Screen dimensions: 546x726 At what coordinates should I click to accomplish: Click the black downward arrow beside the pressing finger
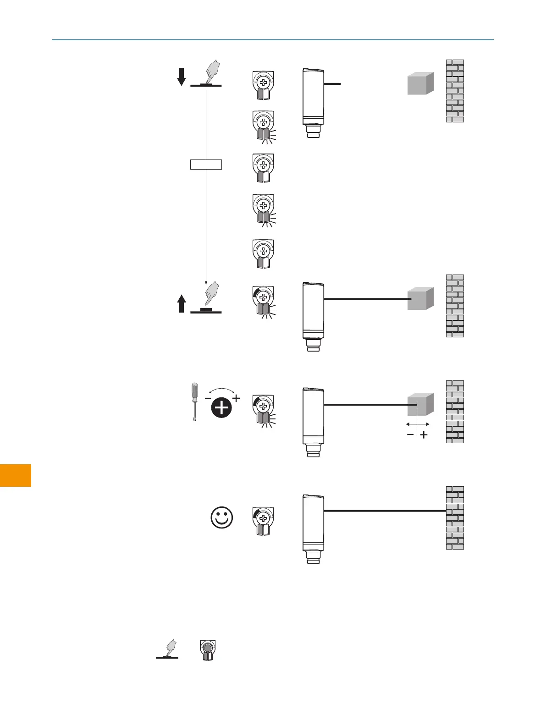[x=182, y=77]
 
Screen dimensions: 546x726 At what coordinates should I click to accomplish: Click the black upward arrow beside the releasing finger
[x=182, y=304]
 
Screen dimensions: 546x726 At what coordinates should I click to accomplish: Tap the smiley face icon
[x=222, y=518]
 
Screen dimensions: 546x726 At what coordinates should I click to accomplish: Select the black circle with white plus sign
[x=222, y=407]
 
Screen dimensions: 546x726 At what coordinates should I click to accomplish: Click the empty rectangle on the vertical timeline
[x=206, y=164]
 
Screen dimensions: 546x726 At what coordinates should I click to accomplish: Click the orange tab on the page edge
[x=16, y=475]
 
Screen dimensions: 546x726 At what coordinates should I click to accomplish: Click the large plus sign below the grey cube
[x=424, y=435]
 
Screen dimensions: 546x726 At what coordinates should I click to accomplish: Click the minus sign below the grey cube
[x=410, y=434]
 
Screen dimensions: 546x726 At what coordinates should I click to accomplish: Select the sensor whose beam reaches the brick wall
[x=313, y=528]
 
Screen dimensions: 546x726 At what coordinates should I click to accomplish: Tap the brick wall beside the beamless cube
[x=455, y=91]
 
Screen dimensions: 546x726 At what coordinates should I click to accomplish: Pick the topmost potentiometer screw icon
[x=263, y=85]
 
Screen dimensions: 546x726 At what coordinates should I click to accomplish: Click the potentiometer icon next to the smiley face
[x=263, y=521]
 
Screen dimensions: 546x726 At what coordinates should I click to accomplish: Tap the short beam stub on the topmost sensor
[x=332, y=84]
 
